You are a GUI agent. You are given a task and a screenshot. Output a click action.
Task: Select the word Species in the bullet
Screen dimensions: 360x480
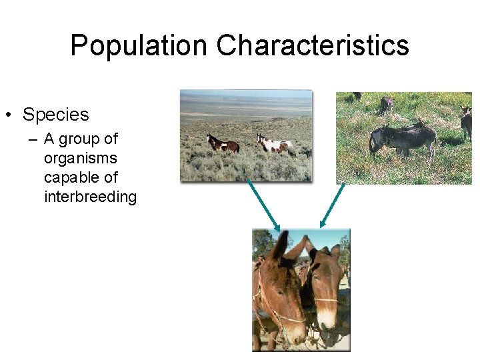click(x=55, y=115)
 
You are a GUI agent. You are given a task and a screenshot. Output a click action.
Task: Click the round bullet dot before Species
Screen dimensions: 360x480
click(x=8, y=115)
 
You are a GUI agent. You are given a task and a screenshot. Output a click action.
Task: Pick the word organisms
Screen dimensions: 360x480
click(x=80, y=159)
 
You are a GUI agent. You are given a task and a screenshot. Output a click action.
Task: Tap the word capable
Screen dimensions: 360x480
click(x=70, y=178)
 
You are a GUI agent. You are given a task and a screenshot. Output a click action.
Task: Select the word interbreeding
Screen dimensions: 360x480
click(x=90, y=197)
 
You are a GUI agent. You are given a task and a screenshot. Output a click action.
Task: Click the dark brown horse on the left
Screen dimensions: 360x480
click(x=222, y=143)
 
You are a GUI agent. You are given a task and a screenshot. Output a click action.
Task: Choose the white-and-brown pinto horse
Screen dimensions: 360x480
click(x=274, y=144)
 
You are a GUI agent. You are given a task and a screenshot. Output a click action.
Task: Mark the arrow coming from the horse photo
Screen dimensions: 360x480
click(x=263, y=204)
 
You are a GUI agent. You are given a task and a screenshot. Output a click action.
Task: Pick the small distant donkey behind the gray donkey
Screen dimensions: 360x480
click(x=387, y=105)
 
